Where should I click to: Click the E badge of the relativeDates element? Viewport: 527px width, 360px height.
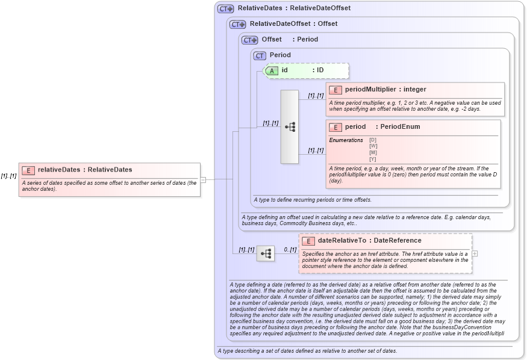pyautogui.click(x=28, y=170)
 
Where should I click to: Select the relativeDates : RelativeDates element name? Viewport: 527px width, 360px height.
pyautogui.click(x=85, y=170)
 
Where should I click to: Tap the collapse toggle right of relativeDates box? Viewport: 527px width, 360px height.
pyautogui.click(x=204, y=179)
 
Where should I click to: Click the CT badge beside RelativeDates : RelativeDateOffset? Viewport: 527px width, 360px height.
pyautogui.click(x=226, y=8)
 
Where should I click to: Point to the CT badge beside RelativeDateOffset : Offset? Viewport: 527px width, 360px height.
pyautogui.click(x=238, y=24)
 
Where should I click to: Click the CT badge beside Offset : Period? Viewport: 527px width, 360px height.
pyautogui.click(x=249, y=40)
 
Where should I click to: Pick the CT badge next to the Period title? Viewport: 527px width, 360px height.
pyautogui.click(x=260, y=55)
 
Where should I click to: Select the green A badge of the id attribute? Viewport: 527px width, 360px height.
pyautogui.click(x=273, y=70)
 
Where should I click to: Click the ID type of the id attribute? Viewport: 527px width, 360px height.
pyautogui.click(x=320, y=70)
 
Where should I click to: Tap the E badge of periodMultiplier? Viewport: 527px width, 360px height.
pyautogui.click(x=335, y=90)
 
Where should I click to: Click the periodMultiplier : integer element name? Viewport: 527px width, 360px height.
pyautogui.click(x=385, y=90)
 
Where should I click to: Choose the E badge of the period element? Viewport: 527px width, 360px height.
pyautogui.click(x=335, y=127)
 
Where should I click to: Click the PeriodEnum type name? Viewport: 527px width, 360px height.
pyautogui.click(x=400, y=127)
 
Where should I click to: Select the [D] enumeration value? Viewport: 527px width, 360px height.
pyautogui.click(x=373, y=140)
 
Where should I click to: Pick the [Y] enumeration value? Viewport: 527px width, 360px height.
pyautogui.click(x=373, y=159)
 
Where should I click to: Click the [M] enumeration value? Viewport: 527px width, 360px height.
pyautogui.click(x=373, y=152)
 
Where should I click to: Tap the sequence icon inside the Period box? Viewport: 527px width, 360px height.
pyautogui.click(x=290, y=127)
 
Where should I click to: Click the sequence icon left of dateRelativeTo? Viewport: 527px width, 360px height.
pyautogui.click(x=266, y=254)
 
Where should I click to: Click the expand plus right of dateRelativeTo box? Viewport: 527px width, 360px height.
pyautogui.click(x=475, y=253)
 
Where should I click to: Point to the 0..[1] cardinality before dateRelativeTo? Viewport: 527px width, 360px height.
pyautogui.click(x=290, y=249)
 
